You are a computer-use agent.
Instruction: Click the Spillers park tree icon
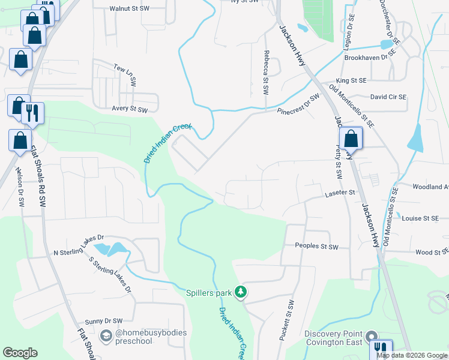pos(241,292)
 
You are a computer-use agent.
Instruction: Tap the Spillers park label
pos(208,293)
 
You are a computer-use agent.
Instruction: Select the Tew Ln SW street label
pos(127,74)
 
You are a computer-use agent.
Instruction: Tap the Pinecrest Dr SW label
pos(298,105)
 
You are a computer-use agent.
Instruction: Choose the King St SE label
pos(351,80)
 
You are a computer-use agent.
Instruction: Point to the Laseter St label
pos(340,193)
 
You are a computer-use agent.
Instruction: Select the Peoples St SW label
pos(317,247)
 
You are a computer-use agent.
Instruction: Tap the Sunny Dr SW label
pos(103,321)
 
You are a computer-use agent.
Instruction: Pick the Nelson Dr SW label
pos(20,186)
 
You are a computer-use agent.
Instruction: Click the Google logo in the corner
pos(20,353)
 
